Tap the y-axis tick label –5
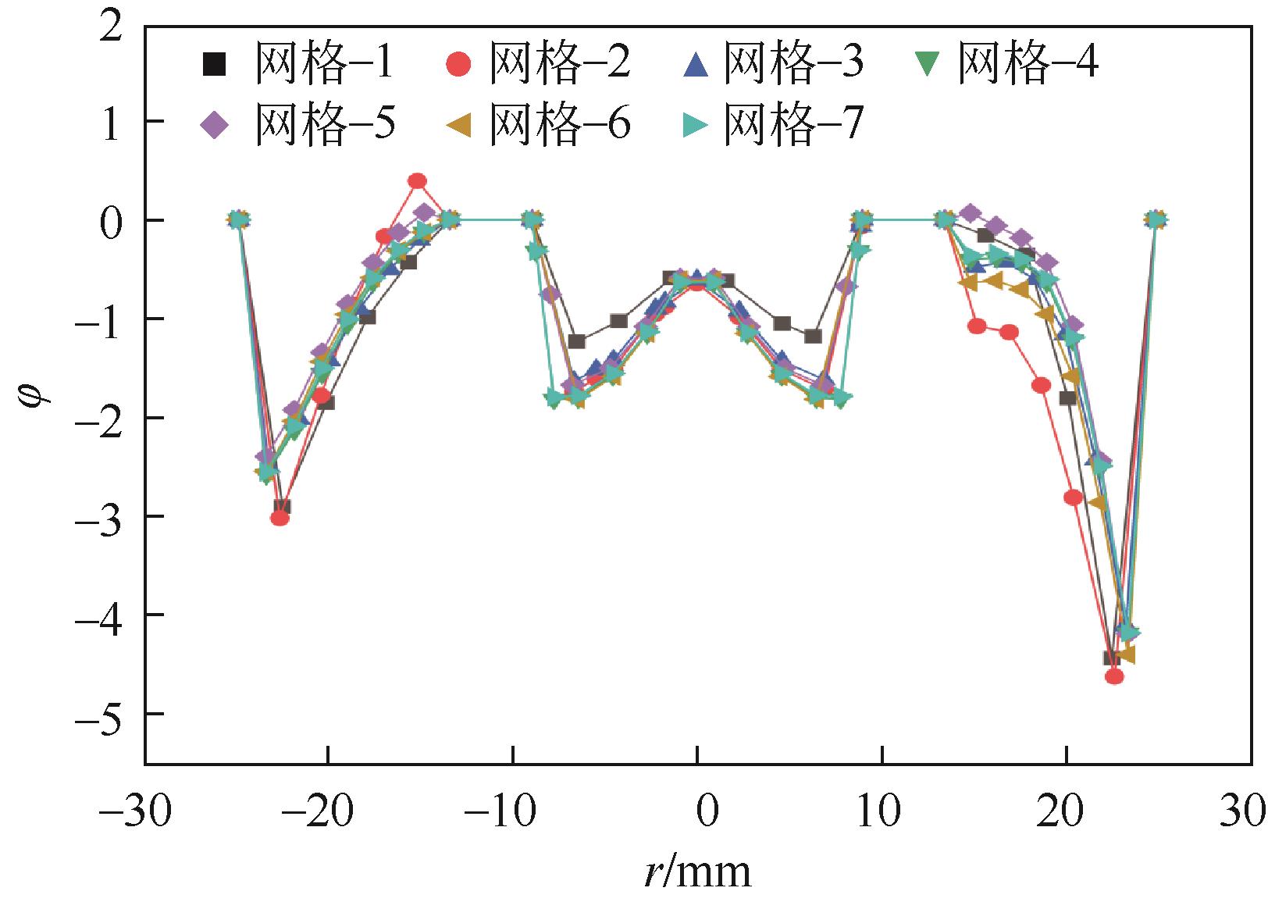(99, 715)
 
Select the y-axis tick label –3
(99, 517)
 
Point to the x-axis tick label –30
(137, 810)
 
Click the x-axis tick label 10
(883, 810)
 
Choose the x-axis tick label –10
(505, 810)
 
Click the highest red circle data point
(418, 181)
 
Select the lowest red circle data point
(1115, 676)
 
